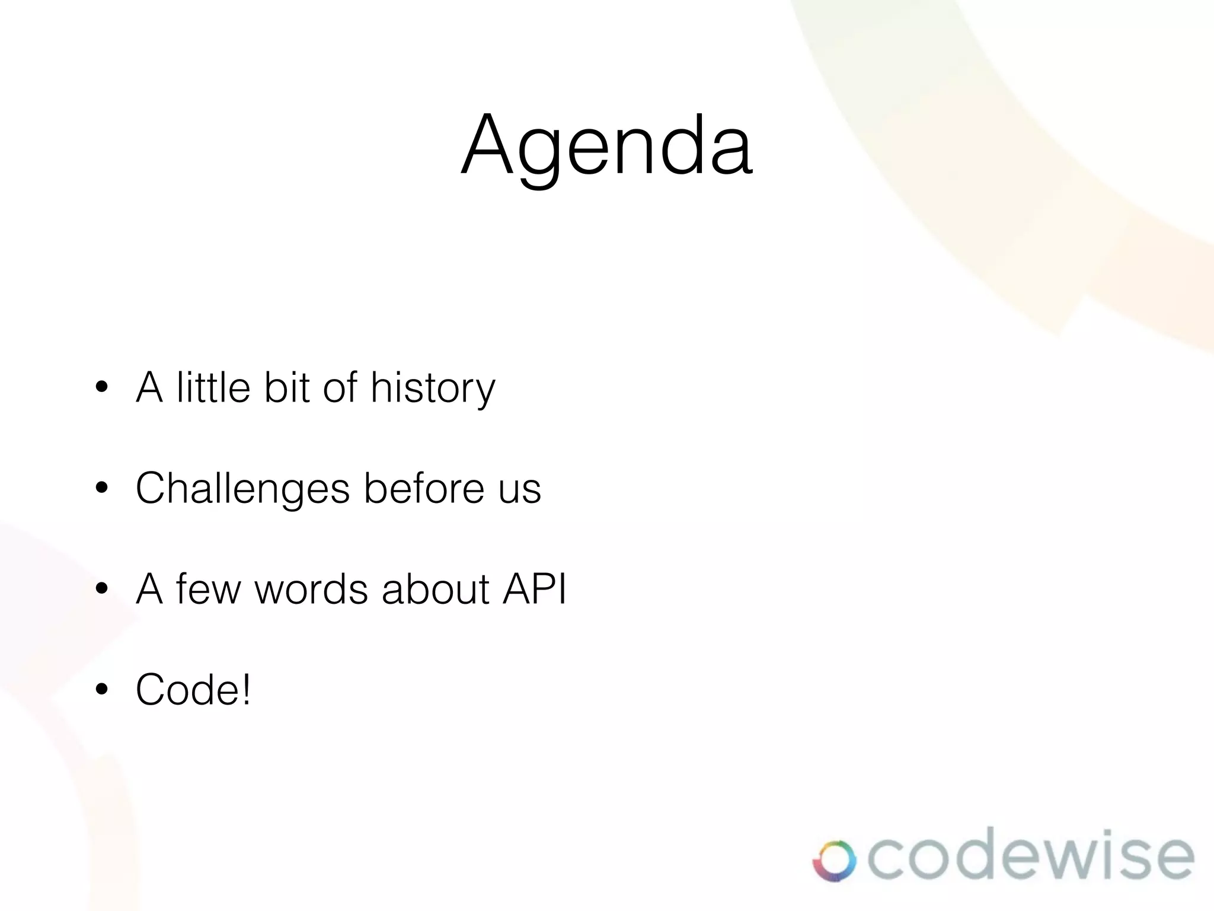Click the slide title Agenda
point(607,145)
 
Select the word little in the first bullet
point(213,387)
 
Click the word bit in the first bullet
point(287,387)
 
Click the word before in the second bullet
point(424,488)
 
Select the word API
point(535,589)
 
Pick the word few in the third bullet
point(208,589)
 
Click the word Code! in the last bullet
point(193,689)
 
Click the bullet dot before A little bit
point(102,387)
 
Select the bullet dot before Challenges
point(102,488)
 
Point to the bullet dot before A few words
point(102,589)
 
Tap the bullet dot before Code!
point(102,689)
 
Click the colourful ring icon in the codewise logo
point(834,861)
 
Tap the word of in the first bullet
point(340,387)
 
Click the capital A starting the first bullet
point(149,387)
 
